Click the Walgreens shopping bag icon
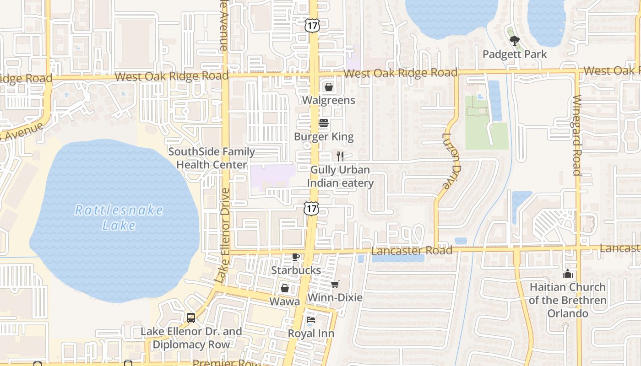329,87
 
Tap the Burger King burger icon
324,124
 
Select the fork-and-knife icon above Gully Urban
340,156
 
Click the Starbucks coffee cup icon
296,257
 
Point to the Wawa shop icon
285,288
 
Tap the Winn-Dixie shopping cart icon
335,285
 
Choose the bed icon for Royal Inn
311,320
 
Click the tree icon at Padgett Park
515,41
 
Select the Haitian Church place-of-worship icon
568,274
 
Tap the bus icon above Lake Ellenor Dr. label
191,318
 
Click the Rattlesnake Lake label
119,217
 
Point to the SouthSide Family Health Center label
212,158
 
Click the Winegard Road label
577,135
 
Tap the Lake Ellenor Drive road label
223,236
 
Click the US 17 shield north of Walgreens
312,26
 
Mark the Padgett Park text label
515,54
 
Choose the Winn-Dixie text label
335,298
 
